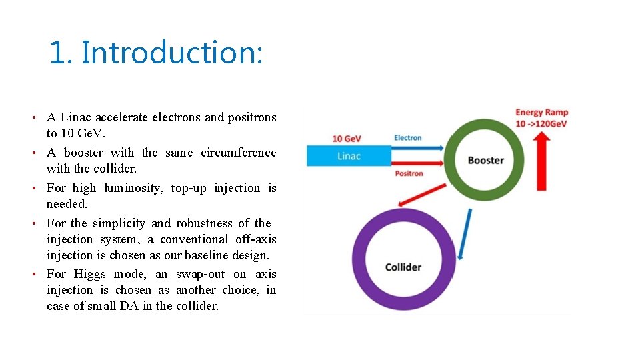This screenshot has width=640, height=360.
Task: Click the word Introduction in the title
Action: pyautogui.click(x=172, y=53)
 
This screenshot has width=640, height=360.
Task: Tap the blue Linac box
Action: pyautogui.click(x=349, y=156)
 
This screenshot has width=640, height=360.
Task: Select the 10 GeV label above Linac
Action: pyautogui.click(x=347, y=139)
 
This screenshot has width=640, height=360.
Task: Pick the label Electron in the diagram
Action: pyautogui.click(x=408, y=137)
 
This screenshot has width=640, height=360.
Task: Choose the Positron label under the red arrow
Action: pyautogui.click(x=409, y=173)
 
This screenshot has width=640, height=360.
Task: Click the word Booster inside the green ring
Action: pyautogui.click(x=485, y=160)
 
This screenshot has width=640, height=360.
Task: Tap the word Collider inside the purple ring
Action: pyautogui.click(x=403, y=267)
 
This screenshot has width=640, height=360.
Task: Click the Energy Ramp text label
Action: pyautogui.click(x=541, y=113)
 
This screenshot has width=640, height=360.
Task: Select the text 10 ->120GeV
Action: pyautogui.click(x=541, y=124)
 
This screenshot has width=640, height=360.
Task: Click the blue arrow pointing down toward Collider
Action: pyautogui.click(x=466, y=233)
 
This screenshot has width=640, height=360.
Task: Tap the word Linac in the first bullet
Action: pyautogui.click(x=75, y=117)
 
